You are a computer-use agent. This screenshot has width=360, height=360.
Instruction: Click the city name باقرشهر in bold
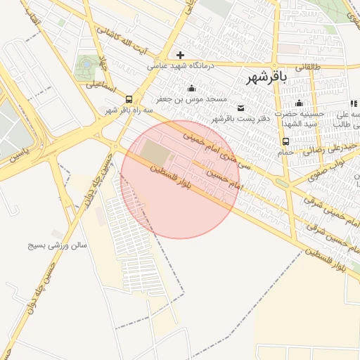268,78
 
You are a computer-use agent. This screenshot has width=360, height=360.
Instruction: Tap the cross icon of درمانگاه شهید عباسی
181,55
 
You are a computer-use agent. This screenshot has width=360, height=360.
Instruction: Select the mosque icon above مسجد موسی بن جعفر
191,89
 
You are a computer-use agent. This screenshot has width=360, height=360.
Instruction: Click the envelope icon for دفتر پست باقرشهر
241,108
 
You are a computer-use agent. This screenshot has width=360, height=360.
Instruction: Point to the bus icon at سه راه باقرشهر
129,99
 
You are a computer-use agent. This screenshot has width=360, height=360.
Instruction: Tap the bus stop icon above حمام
285,141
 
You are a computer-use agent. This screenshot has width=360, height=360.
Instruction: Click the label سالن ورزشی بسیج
57,246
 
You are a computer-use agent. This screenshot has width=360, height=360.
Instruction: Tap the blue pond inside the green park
86,64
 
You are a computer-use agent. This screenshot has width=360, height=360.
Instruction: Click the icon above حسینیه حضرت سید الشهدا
300,103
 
